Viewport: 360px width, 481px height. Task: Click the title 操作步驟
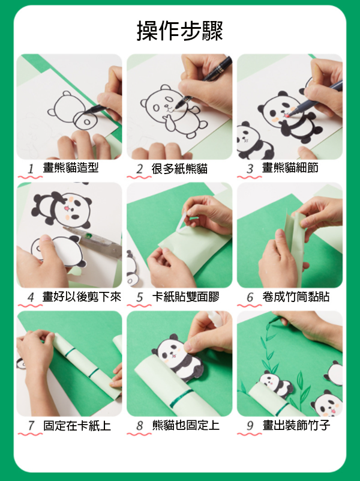[x=179, y=31]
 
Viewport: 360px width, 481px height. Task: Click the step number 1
[x=31, y=169]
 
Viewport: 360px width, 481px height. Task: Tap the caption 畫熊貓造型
[x=70, y=168]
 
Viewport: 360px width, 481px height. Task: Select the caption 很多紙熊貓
[x=179, y=169]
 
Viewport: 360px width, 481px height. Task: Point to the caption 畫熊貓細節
[x=290, y=168]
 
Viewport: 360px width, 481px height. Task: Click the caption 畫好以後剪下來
[x=82, y=297]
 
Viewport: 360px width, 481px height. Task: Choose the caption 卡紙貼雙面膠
[x=185, y=297]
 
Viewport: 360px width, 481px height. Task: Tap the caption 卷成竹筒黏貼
[x=296, y=297]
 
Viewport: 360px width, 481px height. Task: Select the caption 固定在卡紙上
[x=77, y=426]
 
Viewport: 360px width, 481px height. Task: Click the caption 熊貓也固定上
[x=186, y=426]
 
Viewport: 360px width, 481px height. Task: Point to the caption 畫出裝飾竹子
[x=296, y=426]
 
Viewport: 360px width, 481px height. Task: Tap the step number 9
[x=250, y=426]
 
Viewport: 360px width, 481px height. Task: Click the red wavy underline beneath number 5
[x=139, y=306]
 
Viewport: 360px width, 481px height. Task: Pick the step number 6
[x=250, y=297]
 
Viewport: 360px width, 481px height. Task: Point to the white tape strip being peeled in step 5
[x=181, y=223]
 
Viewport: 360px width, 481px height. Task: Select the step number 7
[x=31, y=426]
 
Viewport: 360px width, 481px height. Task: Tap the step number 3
[x=250, y=169]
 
